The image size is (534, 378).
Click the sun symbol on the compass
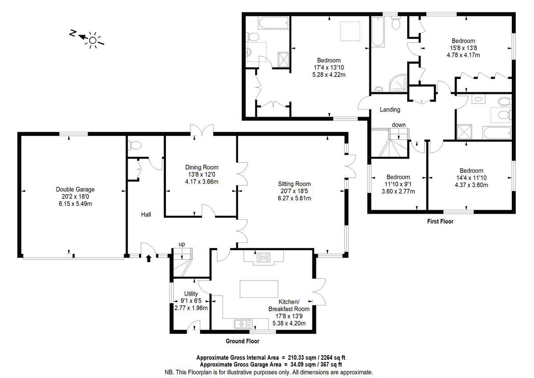point(93,41)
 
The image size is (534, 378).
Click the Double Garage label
point(75,189)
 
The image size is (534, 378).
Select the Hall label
point(146,215)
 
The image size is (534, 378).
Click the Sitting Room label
point(294,184)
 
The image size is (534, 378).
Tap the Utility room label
point(191,294)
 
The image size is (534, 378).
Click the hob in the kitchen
point(263,257)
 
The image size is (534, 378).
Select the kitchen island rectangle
point(259,289)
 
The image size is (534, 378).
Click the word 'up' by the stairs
point(182,244)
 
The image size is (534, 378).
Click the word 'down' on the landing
point(398,125)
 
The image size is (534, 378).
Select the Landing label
point(389,110)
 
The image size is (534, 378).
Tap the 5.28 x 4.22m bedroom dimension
point(329,75)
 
